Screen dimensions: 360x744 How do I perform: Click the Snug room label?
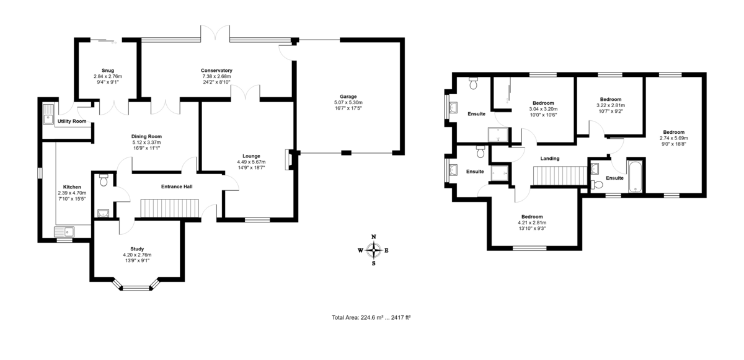[108, 70]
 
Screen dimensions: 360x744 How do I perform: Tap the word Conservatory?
[216, 70]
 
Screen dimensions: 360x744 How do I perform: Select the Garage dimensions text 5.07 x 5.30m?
[348, 102]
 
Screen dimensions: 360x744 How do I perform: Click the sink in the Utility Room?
[48, 115]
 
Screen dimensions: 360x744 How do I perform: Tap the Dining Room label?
[146, 136]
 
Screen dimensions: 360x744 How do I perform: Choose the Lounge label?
[251, 156]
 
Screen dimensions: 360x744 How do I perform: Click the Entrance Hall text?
[177, 186]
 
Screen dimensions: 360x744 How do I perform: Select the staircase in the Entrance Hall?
[169, 209]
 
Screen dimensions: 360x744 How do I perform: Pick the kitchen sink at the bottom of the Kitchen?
[64, 232]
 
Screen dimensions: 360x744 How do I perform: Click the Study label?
[138, 248]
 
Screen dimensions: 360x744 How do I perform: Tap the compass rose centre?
[373, 250]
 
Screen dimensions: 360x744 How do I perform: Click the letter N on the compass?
[373, 237]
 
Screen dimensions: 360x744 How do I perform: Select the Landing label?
[549, 159]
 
